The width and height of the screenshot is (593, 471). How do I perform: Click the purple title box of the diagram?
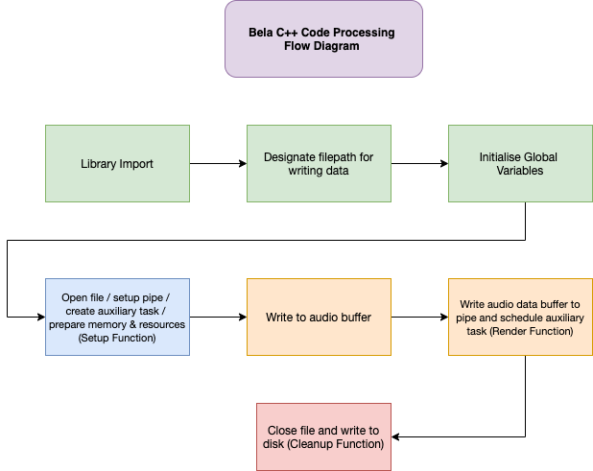(x=323, y=39)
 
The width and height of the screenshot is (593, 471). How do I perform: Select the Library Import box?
(x=117, y=163)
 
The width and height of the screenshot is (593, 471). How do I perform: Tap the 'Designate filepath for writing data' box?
(x=319, y=163)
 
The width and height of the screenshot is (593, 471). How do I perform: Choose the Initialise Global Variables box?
(x=520, y=163)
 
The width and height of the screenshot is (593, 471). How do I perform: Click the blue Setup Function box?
(x=117, y=317)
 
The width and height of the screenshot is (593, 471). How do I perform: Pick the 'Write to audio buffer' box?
(x=319, y=317)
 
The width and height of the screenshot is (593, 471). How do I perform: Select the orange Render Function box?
(x=520, y=317)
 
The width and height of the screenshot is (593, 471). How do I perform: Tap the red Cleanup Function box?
(x=323, y=437)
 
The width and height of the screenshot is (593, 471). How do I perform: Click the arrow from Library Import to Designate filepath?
(x=218, y=163)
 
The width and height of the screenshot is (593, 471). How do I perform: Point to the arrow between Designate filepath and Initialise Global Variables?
(x=419, y=163)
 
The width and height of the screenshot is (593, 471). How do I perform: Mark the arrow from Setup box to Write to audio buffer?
(x=218, y=317)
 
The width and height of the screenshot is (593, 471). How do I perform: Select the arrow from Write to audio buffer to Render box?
(x=419, y=317)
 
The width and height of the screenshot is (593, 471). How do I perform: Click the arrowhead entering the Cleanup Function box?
(x=395, y=437)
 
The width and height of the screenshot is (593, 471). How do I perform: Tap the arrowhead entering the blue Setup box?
(x=41, y=317)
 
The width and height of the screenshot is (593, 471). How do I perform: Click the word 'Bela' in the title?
(x=260, y=33)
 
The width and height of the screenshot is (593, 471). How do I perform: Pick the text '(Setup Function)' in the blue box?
(x=117, y=338)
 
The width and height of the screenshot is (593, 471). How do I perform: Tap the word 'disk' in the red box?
(x=273, y=444)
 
